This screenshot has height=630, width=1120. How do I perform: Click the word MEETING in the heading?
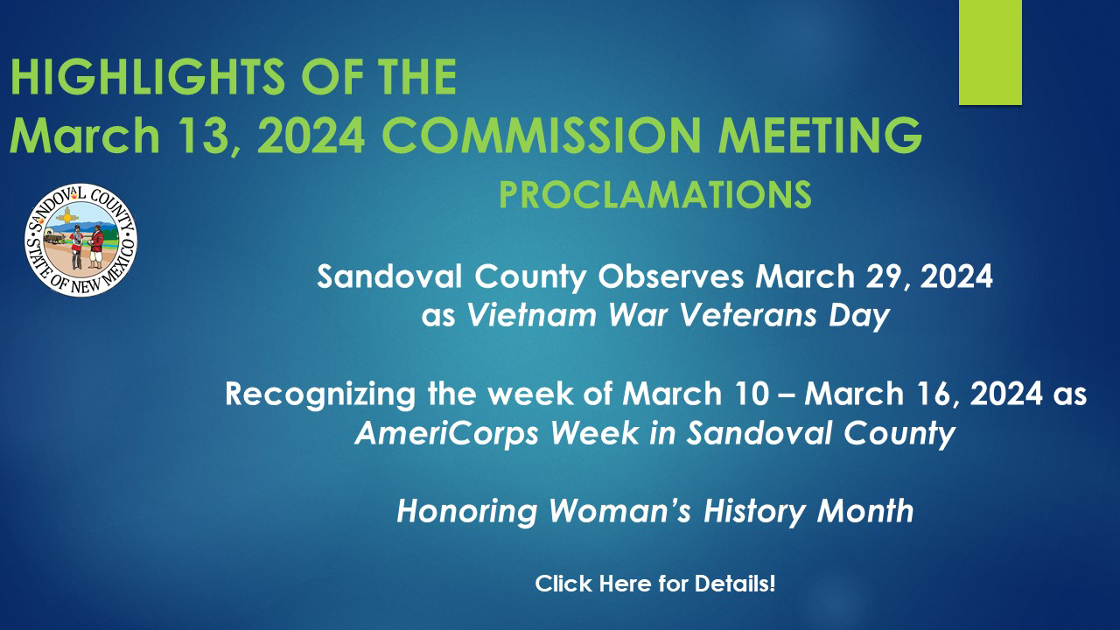tap(820, 136)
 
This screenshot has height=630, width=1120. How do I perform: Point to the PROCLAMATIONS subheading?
tap(655, 194)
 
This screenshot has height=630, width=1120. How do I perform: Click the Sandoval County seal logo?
tap(81, 240)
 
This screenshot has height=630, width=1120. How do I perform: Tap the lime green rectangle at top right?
tap(990, 52)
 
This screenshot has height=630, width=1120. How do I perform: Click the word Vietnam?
tap(531, 316)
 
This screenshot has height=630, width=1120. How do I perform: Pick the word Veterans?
tap(748, 316)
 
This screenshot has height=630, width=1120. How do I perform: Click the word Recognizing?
tap(320, 395)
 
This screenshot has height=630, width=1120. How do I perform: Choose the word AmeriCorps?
tap(446, 434)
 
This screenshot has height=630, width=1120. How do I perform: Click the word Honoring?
tap(467, 512)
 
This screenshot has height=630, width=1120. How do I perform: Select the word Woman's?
tap(620, 511)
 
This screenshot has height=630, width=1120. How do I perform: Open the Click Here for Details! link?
tap(655, 584)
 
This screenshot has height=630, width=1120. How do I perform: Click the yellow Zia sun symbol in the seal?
tap(67, 217)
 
